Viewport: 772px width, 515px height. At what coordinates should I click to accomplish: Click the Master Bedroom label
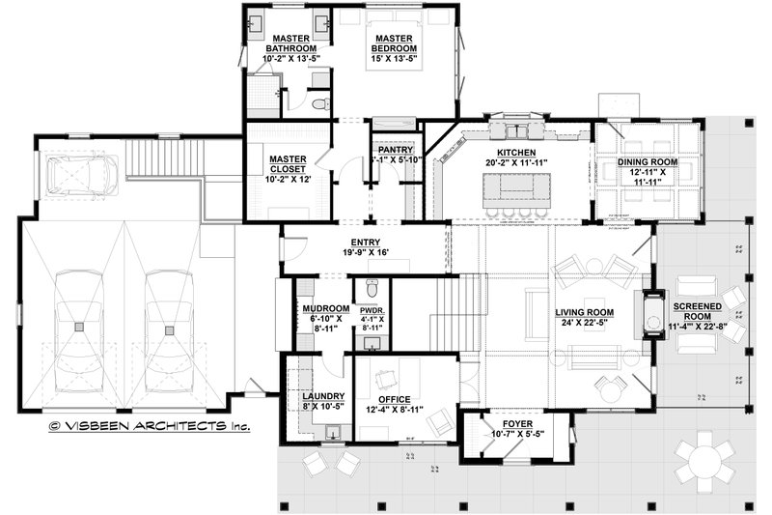pos(396,43)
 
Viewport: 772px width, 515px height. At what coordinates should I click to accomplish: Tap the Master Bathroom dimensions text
pos(290,59)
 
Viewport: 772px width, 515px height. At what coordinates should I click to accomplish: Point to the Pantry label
pos(396,150)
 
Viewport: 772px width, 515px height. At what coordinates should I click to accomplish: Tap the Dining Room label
pos(648,161)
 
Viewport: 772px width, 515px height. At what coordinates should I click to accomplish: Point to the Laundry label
pos(317,396)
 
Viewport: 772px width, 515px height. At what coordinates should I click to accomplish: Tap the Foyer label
pos(510,423)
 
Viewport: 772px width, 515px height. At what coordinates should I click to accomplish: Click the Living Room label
pos(585,312)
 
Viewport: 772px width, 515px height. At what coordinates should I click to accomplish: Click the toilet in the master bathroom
pos(320,103)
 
